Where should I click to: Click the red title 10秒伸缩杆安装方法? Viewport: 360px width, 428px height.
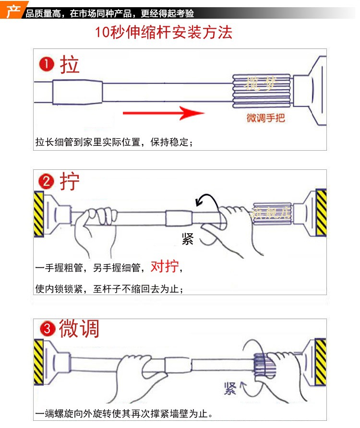(x=163, y=32)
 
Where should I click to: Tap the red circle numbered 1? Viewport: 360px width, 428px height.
(x=47, y=65)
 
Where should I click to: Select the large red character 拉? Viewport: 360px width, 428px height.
(x=70, y=65)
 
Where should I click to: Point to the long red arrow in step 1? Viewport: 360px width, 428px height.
(x=163, y=114)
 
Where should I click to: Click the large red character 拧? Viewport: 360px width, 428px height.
(x=70, y=182)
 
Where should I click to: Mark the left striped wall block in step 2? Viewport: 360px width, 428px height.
(x=38, y=214)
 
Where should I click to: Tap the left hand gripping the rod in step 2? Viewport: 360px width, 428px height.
(x=96, y=226)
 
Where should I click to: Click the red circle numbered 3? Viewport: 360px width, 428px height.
(x=47, y=330)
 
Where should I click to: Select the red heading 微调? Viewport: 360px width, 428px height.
(x=79, y=329)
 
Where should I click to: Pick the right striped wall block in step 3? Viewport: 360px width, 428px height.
(x=321, y=361)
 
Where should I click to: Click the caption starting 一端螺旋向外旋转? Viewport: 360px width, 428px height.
(x=123, y=414)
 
